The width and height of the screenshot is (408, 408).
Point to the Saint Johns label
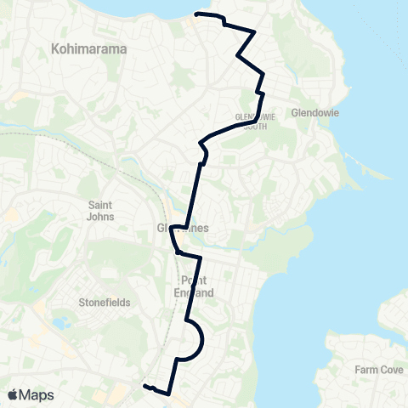[107, 210]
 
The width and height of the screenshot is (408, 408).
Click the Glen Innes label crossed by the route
[184, 228]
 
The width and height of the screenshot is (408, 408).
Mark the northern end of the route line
[197, 14]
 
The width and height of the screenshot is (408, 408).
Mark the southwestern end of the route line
[144, 386]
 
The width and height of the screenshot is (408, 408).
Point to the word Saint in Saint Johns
[107, 204]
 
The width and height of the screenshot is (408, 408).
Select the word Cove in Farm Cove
[390, 370]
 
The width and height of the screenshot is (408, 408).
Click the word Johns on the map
[107, 216]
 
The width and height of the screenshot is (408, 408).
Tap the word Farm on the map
[367, 370]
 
